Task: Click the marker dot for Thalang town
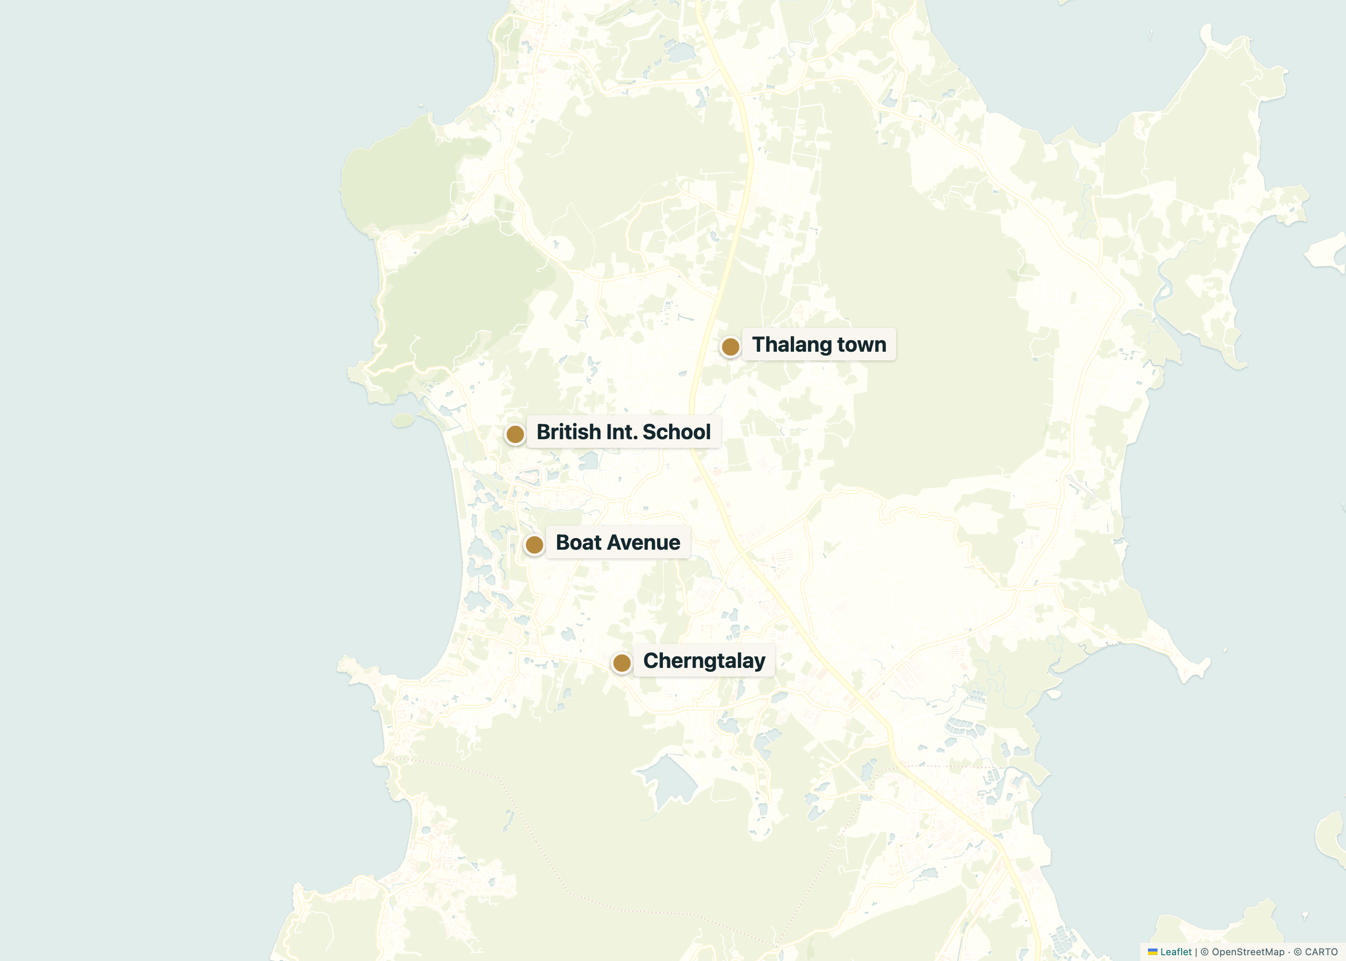point(730,347)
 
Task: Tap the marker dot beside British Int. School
point(515,434)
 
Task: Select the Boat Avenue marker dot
point(534,544)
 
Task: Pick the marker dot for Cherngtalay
point(622,663)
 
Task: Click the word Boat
point(578,542)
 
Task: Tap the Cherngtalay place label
point(704,660)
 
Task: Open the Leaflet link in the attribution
point(1175,951)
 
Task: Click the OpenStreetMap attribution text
point(1248,951)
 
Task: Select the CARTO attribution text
point(1321,951)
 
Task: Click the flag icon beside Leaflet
point(1152,951)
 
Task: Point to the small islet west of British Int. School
point(403,420)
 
